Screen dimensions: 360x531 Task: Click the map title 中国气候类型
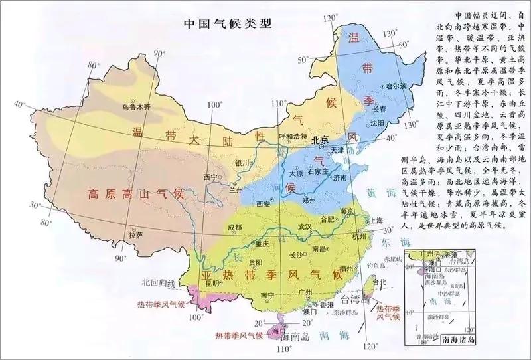(x=228, y=23)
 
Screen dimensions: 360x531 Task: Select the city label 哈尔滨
(x=396, y=86)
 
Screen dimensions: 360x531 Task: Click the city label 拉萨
(x=135, y=234)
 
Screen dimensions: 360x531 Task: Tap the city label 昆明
(x=212, y=284)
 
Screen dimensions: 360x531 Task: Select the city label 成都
(x=234, y=227)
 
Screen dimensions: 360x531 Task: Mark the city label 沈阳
(x=378, y=123)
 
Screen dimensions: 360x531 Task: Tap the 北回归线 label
(x=158, y=284)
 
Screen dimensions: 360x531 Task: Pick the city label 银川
(x=242, y=163)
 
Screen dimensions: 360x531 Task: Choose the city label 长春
(x=379, y=108)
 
